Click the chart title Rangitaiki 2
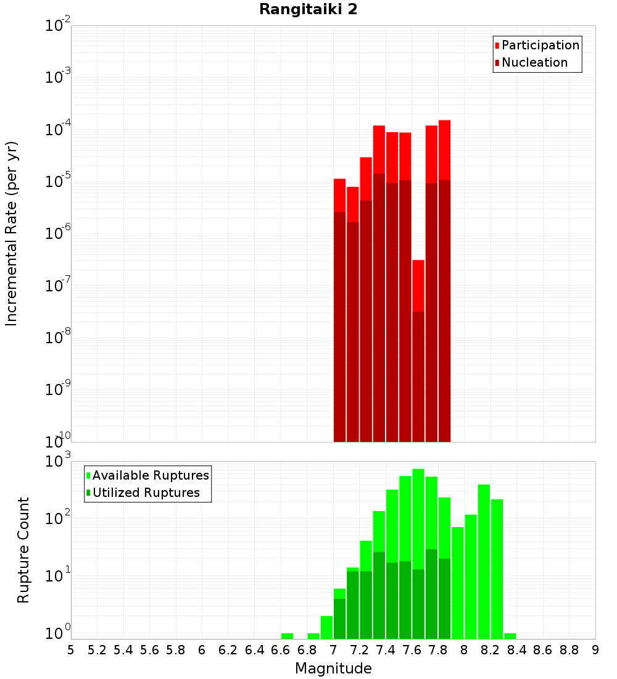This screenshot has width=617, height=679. (308, 9)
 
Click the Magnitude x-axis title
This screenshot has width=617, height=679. (333, 669)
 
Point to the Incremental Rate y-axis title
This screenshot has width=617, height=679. (12, 233)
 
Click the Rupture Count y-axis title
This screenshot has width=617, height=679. (23, 550)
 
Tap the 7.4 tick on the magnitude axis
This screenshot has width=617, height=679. (386, 649)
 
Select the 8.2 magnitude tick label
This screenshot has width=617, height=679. (491, 649)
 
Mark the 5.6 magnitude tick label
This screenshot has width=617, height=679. (149, 649)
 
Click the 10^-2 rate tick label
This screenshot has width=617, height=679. (58, 26)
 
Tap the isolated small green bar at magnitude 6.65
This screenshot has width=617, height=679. (287, 636)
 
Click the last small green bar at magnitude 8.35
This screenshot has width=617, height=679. (510, 636)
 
